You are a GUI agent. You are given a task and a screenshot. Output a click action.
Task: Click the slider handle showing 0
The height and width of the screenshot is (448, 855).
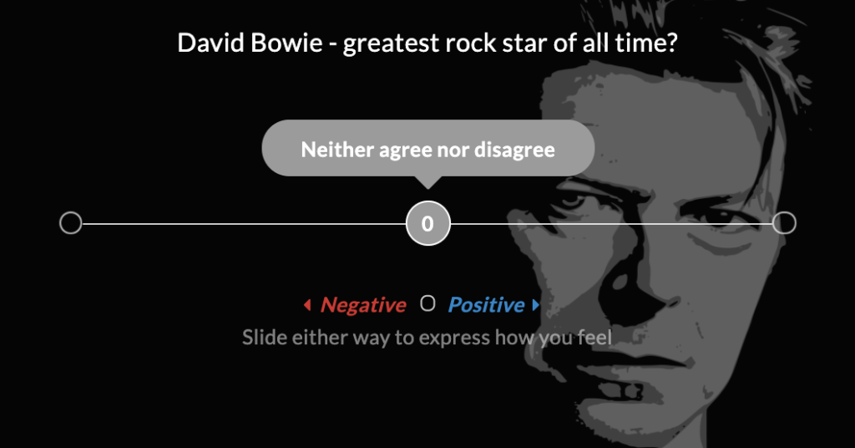coord(428,223)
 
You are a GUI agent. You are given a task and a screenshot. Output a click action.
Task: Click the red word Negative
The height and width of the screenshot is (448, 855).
coord(363,304)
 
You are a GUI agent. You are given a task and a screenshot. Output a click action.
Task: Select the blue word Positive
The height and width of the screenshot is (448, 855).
coord(487,304)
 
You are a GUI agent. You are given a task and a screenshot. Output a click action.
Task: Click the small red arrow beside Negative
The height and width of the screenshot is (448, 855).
coord(307,304)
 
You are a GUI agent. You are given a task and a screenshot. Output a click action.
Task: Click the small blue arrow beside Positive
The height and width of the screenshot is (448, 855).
coord(535,304)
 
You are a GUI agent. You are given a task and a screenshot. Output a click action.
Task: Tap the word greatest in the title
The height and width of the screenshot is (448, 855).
coord(391,43)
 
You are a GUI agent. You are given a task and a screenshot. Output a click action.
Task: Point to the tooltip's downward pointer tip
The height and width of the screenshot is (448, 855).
coord(428,189)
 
